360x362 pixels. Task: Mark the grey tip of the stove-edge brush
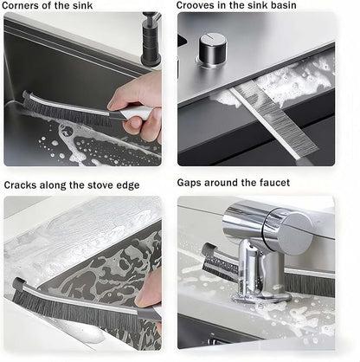(x=18, y=283)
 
